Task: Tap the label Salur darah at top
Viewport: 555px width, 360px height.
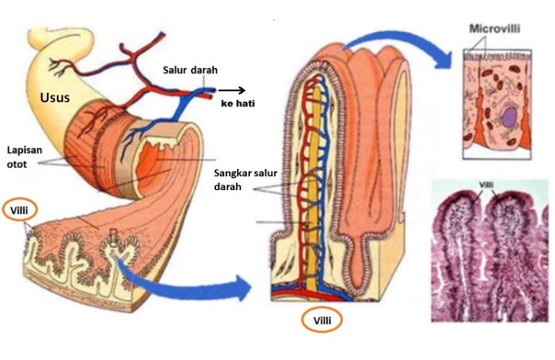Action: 190,71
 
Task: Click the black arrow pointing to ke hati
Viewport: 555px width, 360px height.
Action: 231,91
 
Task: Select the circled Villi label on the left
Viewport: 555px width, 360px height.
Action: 17,208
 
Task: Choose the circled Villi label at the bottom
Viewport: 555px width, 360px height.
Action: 321,321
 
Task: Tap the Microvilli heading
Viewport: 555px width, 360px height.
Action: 495,28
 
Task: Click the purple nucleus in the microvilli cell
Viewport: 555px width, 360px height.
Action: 507,116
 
